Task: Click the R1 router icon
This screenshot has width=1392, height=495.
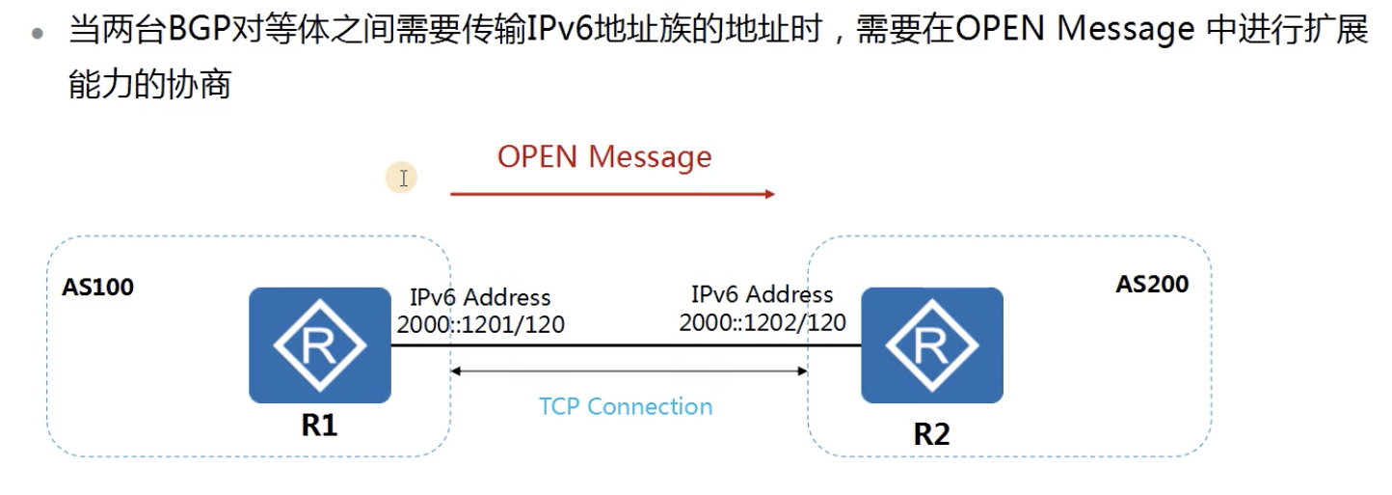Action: click(320, 344)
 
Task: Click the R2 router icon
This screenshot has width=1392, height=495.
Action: click(931, 344)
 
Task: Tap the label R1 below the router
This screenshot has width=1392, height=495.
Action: click(319, 425)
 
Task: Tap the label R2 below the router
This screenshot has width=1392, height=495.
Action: click(931, 433)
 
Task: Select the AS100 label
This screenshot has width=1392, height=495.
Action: click(97, 287)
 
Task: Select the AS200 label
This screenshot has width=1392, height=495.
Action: click(1152, 284)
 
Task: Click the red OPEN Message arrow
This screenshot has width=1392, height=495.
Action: click(612, 194)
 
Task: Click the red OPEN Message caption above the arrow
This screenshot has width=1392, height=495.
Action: click(604, 157)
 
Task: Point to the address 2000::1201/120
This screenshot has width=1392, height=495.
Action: click(480, 325)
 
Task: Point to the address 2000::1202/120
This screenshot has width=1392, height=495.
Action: click(763, 321)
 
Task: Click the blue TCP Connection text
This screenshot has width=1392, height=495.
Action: click(626, 406)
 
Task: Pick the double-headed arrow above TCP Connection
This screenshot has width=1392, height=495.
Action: click(629, 371)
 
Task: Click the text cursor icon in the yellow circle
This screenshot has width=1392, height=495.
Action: click(402, 178)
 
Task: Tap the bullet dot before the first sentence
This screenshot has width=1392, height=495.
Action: click(38, 32)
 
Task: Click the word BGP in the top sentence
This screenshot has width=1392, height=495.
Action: click(194, 30)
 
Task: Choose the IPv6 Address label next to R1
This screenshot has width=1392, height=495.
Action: click(480, 297)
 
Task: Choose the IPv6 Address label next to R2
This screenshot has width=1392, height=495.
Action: click(762, 293)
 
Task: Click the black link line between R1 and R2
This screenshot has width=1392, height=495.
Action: click(627, 344)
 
